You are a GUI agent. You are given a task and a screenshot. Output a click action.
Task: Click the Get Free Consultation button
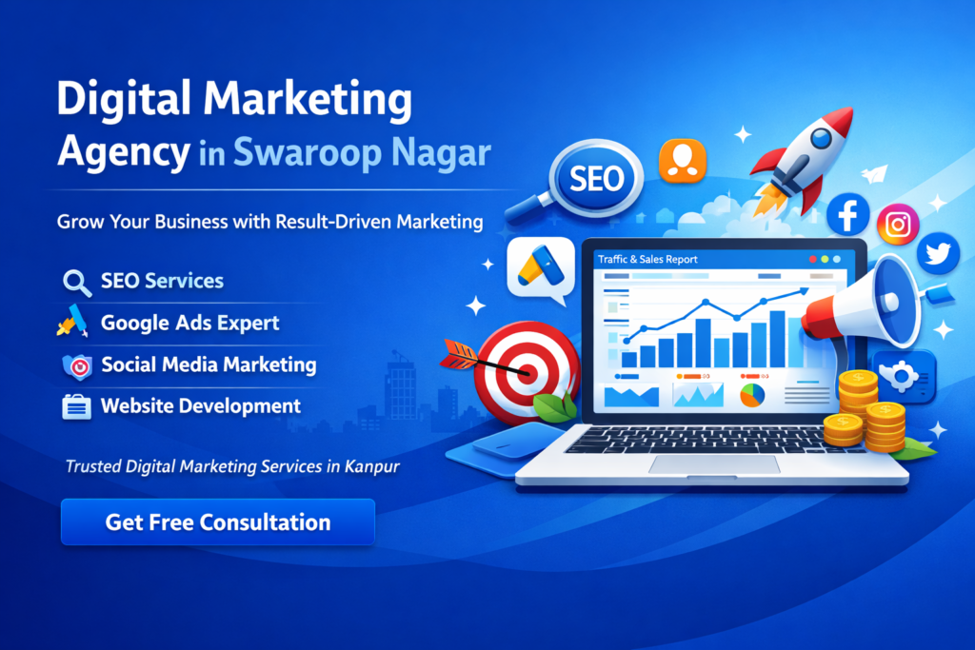coord(217,522)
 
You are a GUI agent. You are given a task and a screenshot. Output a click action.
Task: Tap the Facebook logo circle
coord(848,214)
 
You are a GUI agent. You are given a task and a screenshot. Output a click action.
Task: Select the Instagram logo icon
coord(897,226)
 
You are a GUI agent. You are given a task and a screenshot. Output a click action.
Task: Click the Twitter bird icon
coord(939,253)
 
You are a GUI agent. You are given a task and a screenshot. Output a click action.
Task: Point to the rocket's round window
coord(816,142)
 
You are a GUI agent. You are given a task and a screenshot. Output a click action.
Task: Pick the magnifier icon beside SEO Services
coord(75,282)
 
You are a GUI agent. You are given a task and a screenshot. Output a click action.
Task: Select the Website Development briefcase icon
coord(75,406)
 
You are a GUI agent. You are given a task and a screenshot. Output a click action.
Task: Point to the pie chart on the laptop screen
coord(751,393)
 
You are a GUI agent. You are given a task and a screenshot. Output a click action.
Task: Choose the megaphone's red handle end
coord(815,320)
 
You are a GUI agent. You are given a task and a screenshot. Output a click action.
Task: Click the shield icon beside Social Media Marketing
coord(75,365)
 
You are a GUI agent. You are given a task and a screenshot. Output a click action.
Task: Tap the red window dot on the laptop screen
coord(812,259)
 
